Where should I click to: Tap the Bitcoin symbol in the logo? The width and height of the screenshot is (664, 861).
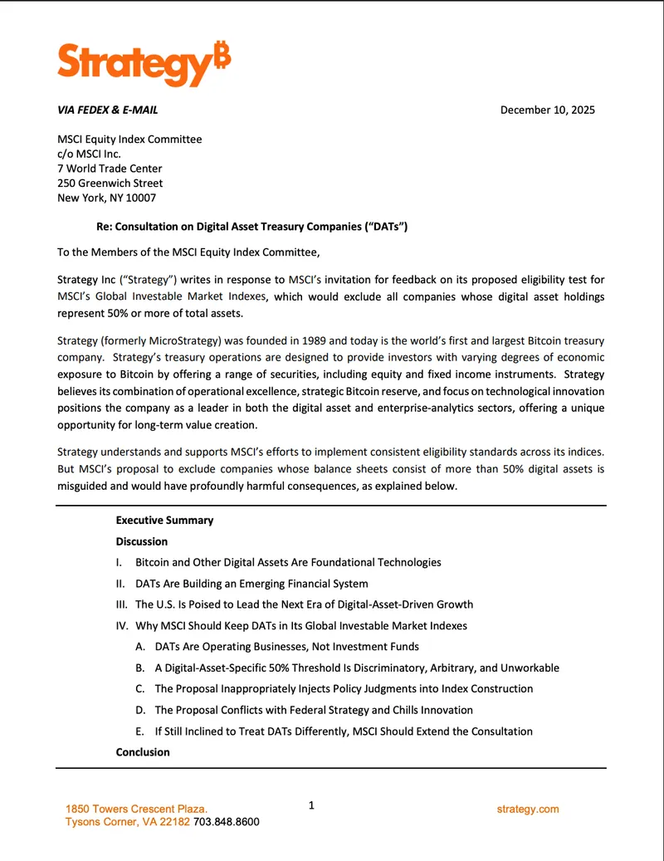click(x=221, y=52)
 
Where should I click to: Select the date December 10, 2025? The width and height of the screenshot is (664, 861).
click(x=547, y=110)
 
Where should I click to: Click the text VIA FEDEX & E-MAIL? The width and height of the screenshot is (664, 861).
click(x=107, y=110)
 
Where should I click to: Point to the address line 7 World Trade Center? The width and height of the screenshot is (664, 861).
click(x=110, y=169)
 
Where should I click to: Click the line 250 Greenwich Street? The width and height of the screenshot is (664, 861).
click(x=110, y=183)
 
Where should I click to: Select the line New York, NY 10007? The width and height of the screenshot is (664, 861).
click(x=106, y=198)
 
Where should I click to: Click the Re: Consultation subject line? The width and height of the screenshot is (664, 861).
click(x=251, y=227)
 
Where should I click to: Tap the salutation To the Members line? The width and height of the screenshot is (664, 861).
click(x=188, y=252)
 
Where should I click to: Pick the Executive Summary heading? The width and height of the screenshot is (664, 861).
click(x=164, y=521)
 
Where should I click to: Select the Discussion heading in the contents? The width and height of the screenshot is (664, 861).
click(x=142, y=541)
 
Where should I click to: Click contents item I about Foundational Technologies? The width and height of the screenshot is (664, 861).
click(x=287, y=563)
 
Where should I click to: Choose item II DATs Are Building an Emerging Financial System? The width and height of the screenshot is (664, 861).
click(x=251, y=584)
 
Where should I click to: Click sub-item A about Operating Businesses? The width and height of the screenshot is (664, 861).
click(x=286, y=647)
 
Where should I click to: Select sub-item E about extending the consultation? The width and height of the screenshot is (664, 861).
click(x=343, y=731)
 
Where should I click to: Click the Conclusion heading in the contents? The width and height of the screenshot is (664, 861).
click(x=143, y=752)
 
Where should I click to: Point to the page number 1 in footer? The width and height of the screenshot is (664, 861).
click(x=311, y=805)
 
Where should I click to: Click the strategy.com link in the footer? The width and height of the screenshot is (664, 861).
click(x=528, y=810)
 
